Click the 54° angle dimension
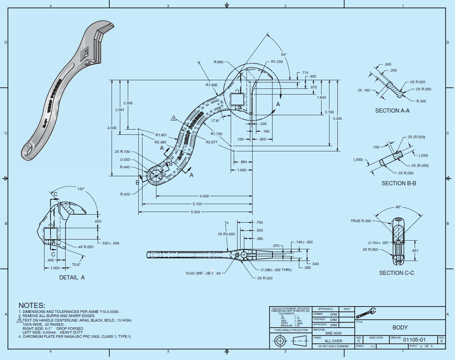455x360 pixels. coord(283,54)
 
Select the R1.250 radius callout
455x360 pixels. coord(277,62)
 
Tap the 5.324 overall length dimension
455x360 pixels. coord(195,212)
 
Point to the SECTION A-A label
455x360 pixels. coord(392,111)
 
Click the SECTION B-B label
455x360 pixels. coord(399,183)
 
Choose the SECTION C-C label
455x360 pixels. coord(397,273)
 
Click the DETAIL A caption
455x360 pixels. coord(72,277)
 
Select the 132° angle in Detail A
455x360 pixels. coord(81,189)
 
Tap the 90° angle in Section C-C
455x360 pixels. coord(398,207)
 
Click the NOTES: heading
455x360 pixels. coord(32,305)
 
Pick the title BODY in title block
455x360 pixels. coord(400,328)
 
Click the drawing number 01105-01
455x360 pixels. coord(414,340)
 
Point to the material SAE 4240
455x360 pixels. coord(334,333)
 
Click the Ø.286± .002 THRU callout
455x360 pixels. coord(276,270)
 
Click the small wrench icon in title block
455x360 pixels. coord(366,313)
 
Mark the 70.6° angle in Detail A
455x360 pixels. coord(76,265)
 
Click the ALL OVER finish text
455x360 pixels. coord(334,341)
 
